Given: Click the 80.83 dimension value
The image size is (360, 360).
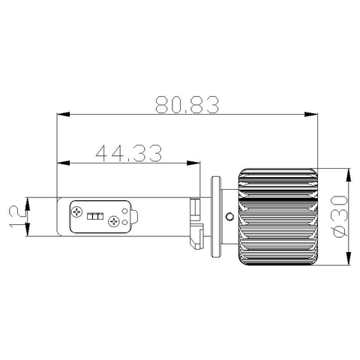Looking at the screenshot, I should point(187,103).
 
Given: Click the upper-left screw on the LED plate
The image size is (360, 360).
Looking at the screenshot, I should point(79,211).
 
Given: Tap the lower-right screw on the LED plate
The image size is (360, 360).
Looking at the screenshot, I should point(113,221).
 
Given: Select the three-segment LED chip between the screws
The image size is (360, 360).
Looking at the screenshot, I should point(95,216).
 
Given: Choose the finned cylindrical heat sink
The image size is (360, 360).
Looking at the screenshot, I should point(279,217).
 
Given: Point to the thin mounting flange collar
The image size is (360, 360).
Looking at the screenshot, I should point(218,217).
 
